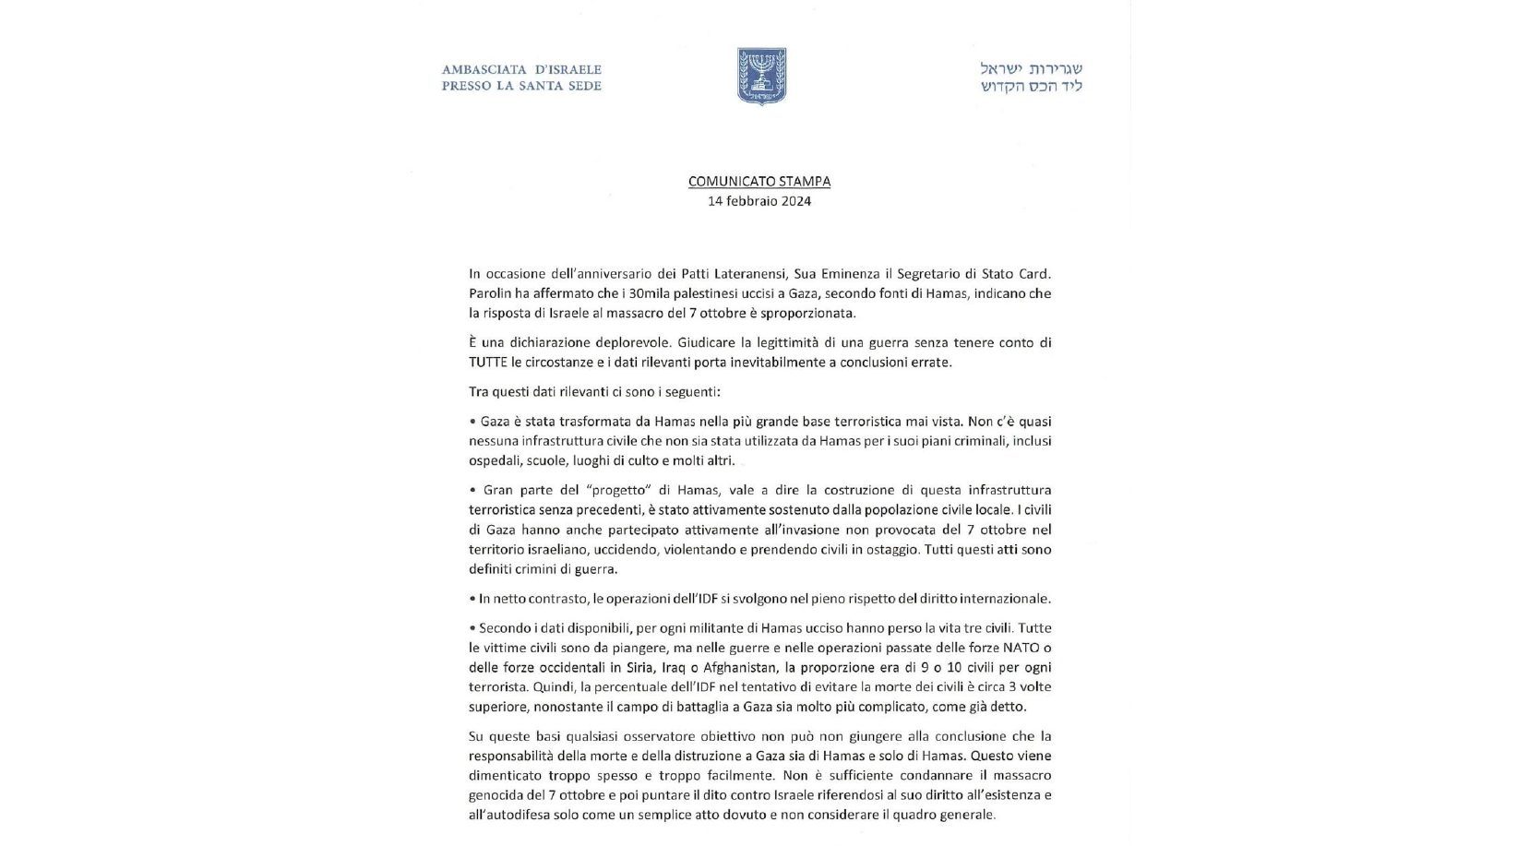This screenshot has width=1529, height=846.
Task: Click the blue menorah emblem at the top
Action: click(x=761, y=76)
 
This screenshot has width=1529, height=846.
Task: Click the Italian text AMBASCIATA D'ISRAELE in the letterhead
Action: click(x=521, y=69)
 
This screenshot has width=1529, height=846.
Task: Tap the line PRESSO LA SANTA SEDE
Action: click(x=521, y=86)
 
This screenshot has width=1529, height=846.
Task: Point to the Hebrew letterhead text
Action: click(x=1031, y=77)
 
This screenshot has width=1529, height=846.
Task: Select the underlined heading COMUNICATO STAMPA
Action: click(x=759, y=182)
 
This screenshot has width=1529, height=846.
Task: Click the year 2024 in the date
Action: click(x=794, y=201)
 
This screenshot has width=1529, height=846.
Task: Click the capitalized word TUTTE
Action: click(x=488, y=363)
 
